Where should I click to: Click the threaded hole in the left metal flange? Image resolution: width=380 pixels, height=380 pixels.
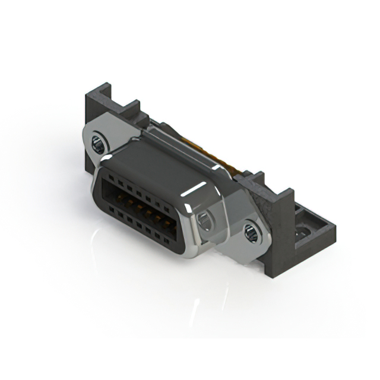click(x=99, y=142)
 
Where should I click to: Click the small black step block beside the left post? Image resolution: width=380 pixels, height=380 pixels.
click(x=128, y=113)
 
